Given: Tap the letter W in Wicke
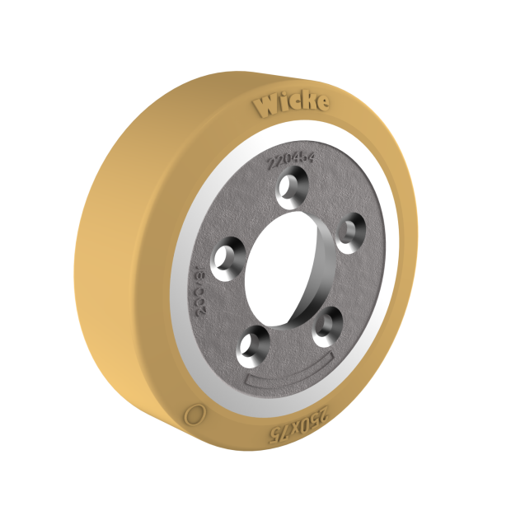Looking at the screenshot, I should point(268,106).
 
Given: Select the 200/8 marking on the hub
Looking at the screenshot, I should point(199,284).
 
